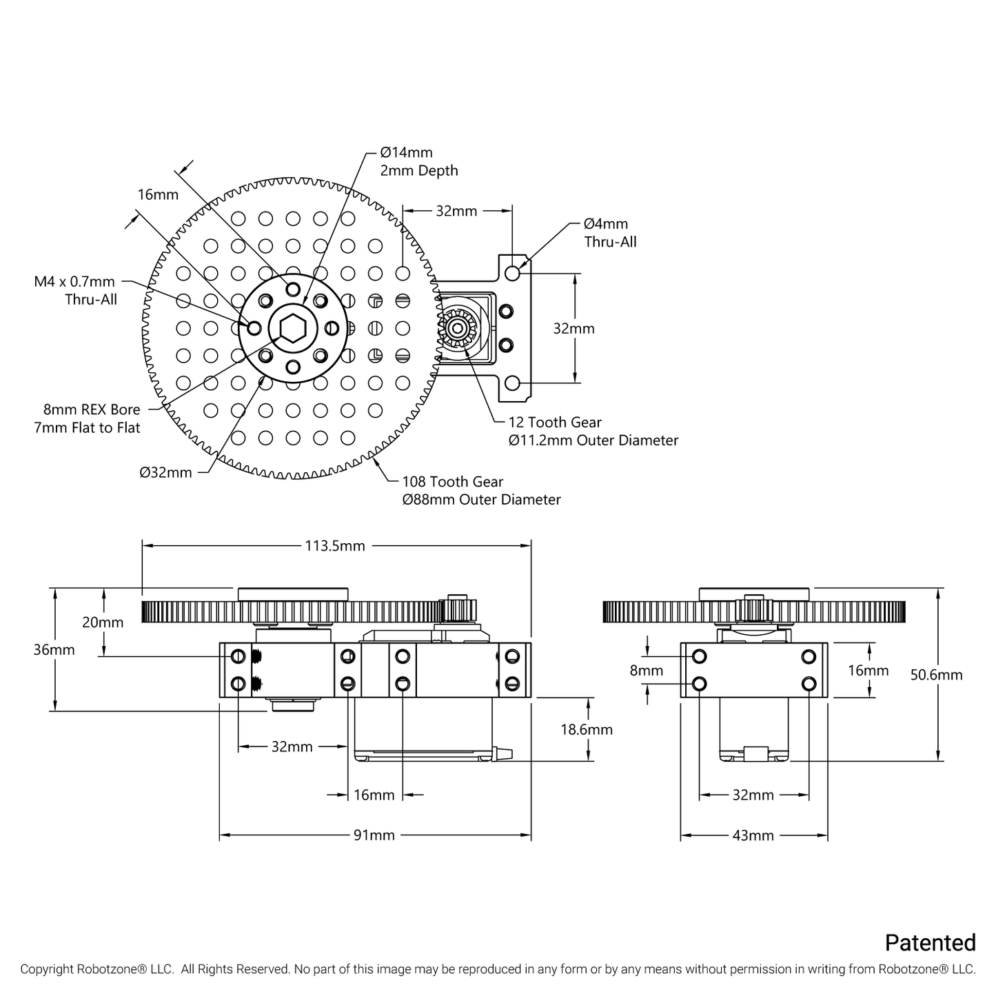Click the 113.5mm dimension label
click(x=335, y=546)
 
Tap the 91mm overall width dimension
click(x=374, y=835)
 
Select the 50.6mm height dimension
click(x=936, y=675)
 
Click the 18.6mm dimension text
click(x=586, y=729)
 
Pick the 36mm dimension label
click(x=54, y=649)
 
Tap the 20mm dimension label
click(x=103, y=622)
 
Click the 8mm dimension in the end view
click(x=647, y=670)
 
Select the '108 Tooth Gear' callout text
click(x=453, y=482)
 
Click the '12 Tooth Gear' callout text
click(x=555, y=423)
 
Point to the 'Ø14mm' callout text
click(x=407, y=152)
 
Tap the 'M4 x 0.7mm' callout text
click(x=74, y=281)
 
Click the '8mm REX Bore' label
click(x=87, y=409)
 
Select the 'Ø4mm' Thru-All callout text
click(x=606, y=223)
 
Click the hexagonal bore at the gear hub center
click(x=293, y=328)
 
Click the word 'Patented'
click(x=931, y=942)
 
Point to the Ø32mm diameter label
click(x=165, y=473)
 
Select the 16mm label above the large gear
click(x=158, y=194)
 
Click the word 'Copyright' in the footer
click(x=46, y=969)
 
